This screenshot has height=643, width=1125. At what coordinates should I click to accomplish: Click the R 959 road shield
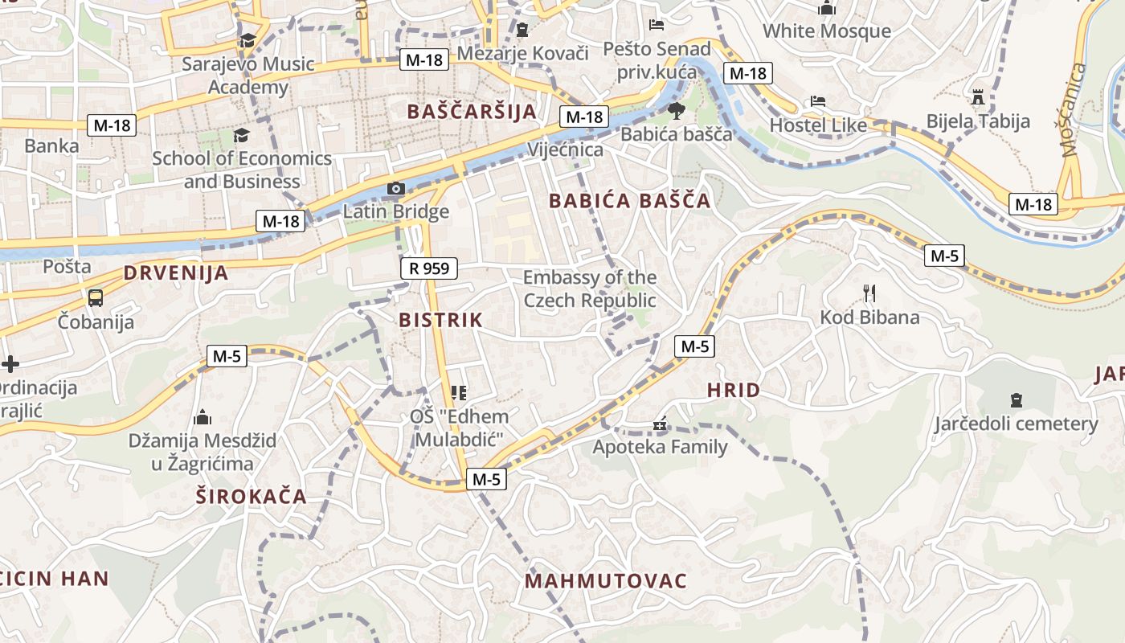(x=429, y=268)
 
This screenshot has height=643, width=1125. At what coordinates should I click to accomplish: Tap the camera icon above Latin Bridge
(x=395, y=189)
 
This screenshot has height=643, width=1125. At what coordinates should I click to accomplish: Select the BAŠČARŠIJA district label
(x=471, y=112)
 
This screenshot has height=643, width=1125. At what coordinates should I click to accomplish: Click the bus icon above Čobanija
(x=96, y=298)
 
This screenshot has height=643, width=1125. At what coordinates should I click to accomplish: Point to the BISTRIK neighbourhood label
(x=441, y=320)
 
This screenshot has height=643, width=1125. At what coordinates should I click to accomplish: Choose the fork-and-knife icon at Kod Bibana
(x=869, y=293)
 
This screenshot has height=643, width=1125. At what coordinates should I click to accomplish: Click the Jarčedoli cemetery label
(x=1015, y=424)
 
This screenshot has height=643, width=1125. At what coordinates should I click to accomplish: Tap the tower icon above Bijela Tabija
(x=978, y=97)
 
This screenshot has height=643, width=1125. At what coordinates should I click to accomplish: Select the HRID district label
(x=733, y=391)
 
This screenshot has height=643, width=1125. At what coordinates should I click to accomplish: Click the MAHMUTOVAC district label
(x=606, y=581)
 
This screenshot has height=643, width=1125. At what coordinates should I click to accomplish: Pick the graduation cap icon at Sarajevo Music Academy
(x=247, y=41)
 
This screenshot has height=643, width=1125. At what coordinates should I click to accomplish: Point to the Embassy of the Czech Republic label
(x=590, y=289)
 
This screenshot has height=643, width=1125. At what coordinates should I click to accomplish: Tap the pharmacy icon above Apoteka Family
(x=661, y=423)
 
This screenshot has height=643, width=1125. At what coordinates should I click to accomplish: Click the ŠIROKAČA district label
(x=252, y=497)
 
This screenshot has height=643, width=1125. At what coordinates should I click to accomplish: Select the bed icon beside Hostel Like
(x=818, y=102)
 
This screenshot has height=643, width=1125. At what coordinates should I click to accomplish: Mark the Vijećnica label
(x=566, y=149)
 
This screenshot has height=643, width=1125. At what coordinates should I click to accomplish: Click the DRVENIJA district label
(x=176, y=273)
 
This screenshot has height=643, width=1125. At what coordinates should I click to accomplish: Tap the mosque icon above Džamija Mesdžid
(x=202, y=417)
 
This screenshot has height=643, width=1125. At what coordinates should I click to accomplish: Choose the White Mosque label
(x=827, y=31)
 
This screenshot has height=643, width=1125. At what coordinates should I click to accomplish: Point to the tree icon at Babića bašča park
(x=676, y=110)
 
